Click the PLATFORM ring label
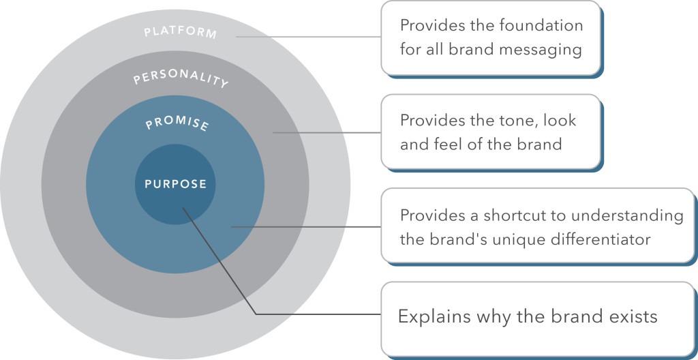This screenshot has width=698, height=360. pyautogui.click(x=180, y=33)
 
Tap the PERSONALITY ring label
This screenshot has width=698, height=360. pyautogui.click(x=181, y=78)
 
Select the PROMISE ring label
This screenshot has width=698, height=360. pyautogui.click(x=177, y=124)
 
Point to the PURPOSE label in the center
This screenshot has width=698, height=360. pyautogui.click(x=175, y=183)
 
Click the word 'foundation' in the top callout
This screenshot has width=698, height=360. pyautogui.click(x=541, y=25)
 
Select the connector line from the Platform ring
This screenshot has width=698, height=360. pyautogui.click(x=308, y=37)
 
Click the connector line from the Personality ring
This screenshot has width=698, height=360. pyautogui.click(x=327, y=132)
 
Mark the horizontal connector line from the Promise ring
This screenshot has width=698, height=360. pyautogui.click(x=306, y=227)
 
